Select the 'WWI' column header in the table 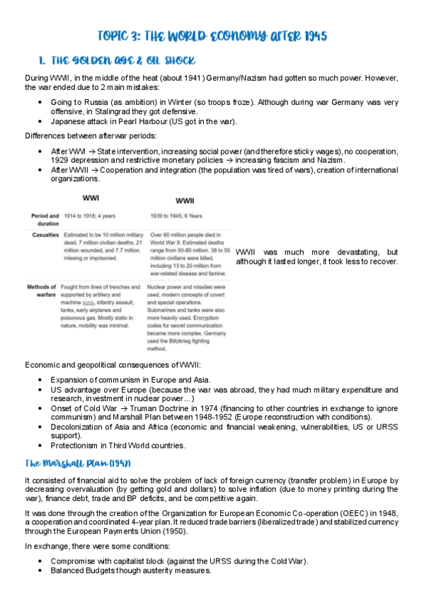(91, 198)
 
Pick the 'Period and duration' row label (45, 218)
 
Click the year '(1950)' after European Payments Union (173, 530)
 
